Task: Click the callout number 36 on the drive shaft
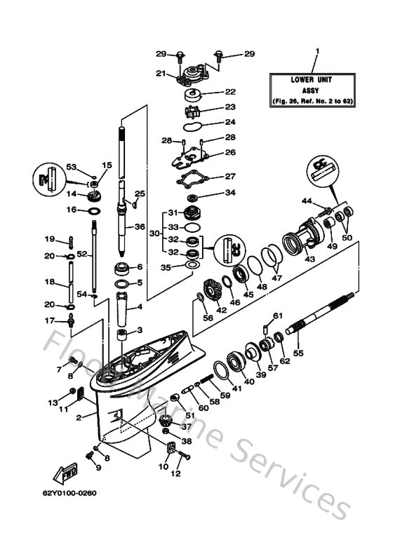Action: coord(139,226)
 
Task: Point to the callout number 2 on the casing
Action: coord(81,417)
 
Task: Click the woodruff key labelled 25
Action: coord(133,203)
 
